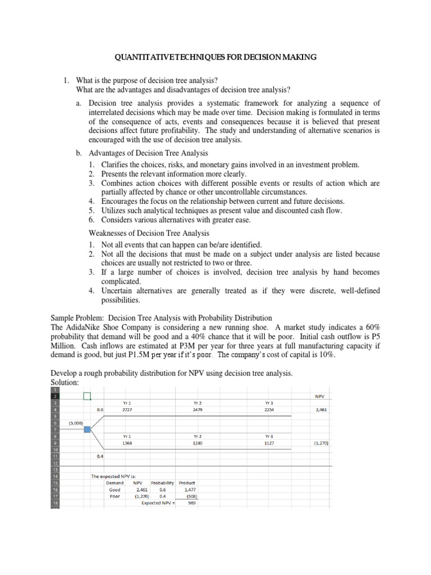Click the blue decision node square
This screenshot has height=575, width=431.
coord(87,430)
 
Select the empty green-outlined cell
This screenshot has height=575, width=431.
coord(87,396)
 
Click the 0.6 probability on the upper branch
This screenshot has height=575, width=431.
coord(100,410)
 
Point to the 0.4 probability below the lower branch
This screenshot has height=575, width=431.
coord(100,456)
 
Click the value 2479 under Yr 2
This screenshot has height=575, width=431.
coord(197,410)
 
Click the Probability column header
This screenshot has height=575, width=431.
coord(160,482)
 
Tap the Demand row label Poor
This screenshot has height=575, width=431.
coord(114,496)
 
